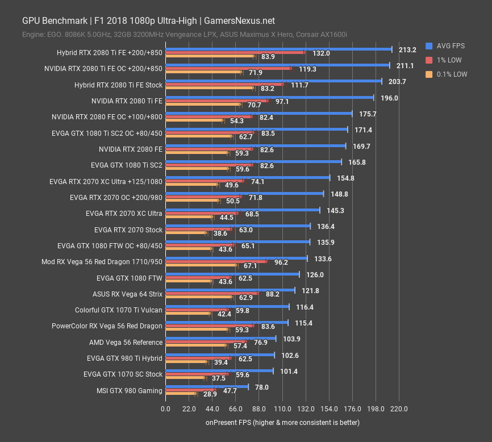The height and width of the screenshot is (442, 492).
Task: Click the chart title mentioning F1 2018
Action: pyautogui.click(x=148, y=21)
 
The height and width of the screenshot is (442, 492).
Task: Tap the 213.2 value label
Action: pyautogui.click(x=407, y=50)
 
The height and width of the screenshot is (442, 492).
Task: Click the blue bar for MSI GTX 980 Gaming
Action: pyautogui.click(x=207, y=387)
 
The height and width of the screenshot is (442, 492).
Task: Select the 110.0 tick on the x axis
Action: pyautogui.click(x=282, y=408)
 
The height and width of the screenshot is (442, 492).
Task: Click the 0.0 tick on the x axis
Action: pyautogui.click(x=165, y=408)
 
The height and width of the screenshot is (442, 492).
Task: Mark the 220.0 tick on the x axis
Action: pyautogui.click(x=399, y=408)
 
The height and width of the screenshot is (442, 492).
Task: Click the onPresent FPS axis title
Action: pyautogui.click(x=282, y=423)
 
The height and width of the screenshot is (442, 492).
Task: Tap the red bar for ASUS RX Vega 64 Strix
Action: pyautogui.click(x=212, y=294)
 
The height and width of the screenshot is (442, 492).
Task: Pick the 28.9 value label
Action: pyautogui.click(x=210, y=394)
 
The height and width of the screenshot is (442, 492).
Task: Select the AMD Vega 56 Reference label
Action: pyautogui.click(x=126, y=343)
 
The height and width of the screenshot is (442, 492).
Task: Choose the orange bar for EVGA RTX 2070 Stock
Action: pyautogui.click(x=186, y=233)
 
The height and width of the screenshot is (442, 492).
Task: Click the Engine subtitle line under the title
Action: pyautogui.click(x=185, y=35)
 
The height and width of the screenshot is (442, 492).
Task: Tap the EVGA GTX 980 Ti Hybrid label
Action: pyautogui.click(x=124, y=358)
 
